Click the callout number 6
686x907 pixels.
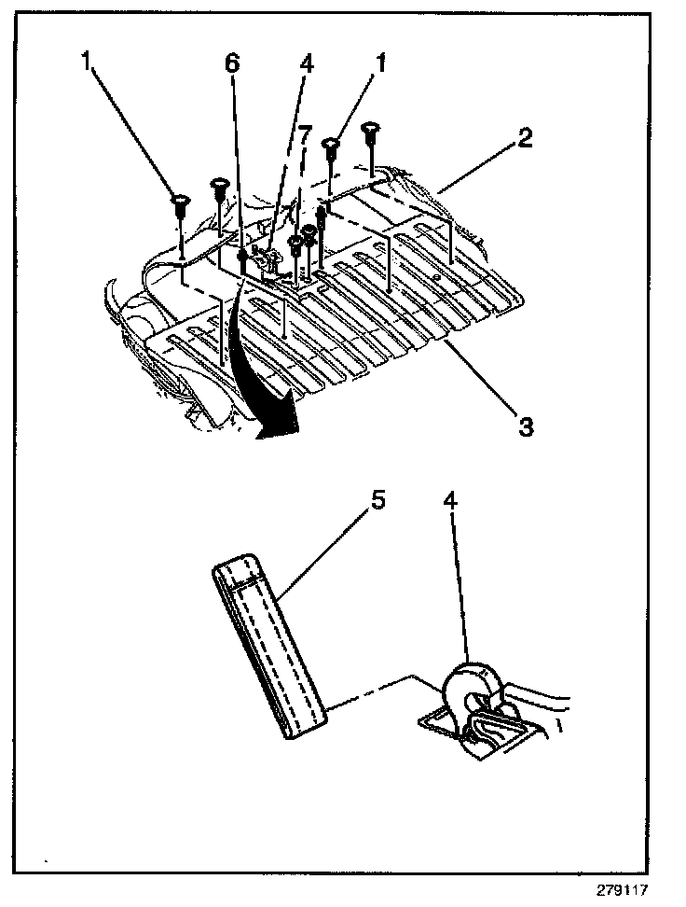point(231,64)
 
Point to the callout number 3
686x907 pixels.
point(526,427)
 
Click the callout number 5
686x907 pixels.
point(377,500)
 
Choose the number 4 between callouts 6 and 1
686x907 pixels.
point(307,64)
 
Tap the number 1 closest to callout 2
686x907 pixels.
point(380,64)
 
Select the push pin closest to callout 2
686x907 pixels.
point(371,131)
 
